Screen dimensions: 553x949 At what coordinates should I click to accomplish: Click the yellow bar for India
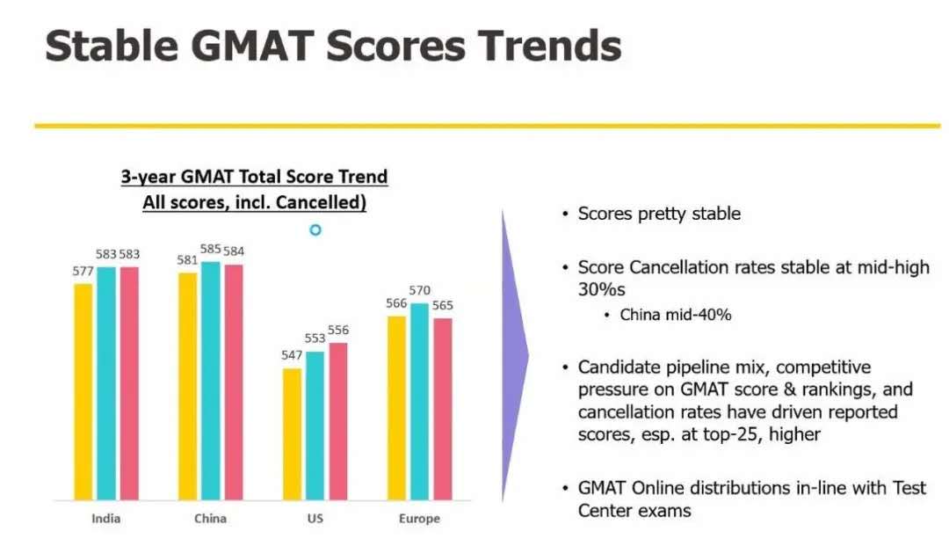tap(83, 391)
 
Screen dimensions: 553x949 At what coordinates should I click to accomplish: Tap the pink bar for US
tap(338, 420)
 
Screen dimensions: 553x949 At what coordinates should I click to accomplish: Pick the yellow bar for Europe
tap(396, 407)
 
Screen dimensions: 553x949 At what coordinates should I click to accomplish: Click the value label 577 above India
tap(83, 272)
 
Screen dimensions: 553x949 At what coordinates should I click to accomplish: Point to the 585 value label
tap(211, 250)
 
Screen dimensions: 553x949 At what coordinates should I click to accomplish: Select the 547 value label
tap(292, 355)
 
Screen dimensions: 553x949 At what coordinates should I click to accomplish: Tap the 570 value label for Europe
tap(420, 291)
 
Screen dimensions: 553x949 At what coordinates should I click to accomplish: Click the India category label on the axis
tap(105, 518)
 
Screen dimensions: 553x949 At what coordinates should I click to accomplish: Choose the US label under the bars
tap(315, 518)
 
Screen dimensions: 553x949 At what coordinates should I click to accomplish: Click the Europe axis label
tap(419, 518)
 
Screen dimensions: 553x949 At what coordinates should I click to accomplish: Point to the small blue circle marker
tap(315, 229)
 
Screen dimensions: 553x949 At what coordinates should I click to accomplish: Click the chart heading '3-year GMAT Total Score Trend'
tap(254, 177)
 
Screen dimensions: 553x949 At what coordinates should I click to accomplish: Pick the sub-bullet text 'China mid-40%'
tap(675, 314)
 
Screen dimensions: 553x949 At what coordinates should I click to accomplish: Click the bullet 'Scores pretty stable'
tap(659, 214)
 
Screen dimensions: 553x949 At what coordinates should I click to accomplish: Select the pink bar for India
tap(128, 382)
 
